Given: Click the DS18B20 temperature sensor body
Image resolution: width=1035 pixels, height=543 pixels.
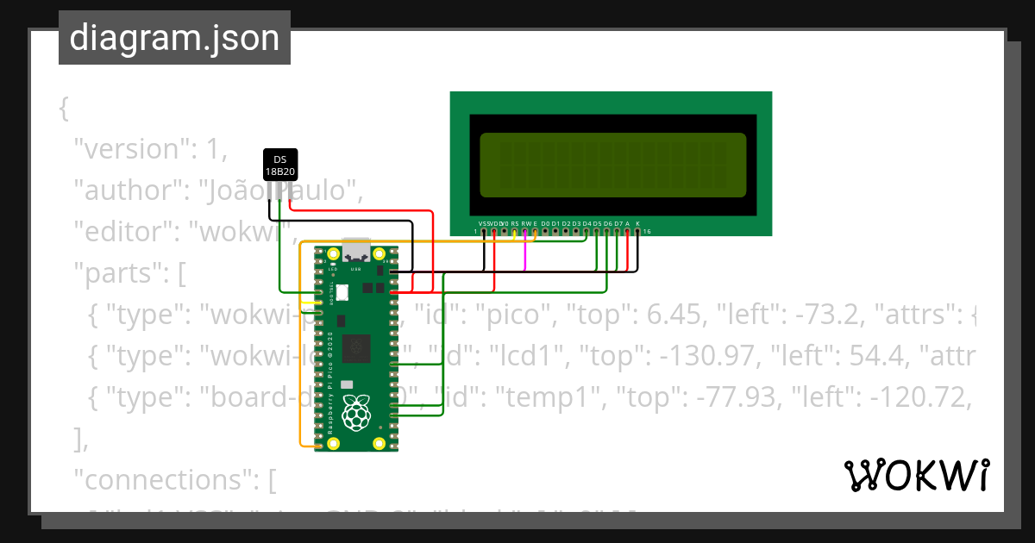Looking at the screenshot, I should point(279,165).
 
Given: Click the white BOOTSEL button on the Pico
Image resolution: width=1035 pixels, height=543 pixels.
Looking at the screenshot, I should point(342,292).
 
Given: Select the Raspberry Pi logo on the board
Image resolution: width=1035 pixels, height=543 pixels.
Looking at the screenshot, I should point(356,414).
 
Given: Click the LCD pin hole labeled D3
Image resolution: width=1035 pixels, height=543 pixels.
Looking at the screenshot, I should point(577,231).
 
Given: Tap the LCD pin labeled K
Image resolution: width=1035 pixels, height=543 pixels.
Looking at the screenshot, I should point(637,231).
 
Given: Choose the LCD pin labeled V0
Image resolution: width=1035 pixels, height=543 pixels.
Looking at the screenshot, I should point(505,231).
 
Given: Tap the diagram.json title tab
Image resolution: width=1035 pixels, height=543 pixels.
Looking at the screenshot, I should point(174,38).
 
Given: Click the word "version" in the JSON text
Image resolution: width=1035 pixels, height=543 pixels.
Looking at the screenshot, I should point(129,149).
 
